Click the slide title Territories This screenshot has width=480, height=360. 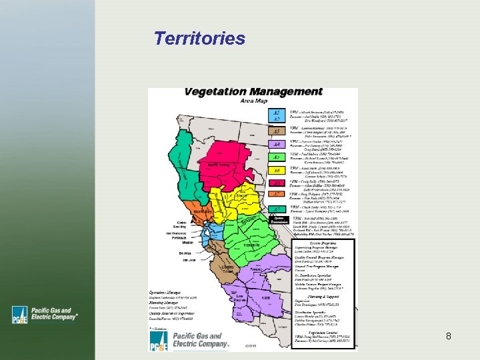[199, 39]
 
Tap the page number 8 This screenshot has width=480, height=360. [449, 336]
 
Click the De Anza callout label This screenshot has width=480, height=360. [185, 253]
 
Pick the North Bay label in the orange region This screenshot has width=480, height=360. [203, 211]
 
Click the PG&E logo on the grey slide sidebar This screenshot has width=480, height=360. [46, 314]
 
